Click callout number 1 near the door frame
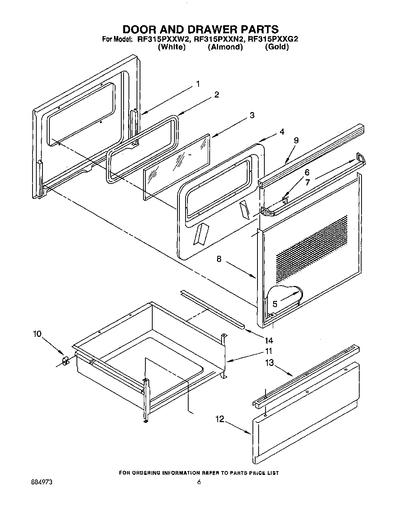pyautogui.click(x=198, y=84)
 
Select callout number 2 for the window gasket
pyautogui.click(x=217, y=95)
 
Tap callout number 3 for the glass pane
pyautogui.click(x=252, y=115)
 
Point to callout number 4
pyautogui.click(x=282, y=132)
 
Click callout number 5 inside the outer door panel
pyautogui.click(x=275, y=304)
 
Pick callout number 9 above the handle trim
pyautogui.click(x=296, y=140)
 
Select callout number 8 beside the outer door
pyautogui.click(x=219, y=259)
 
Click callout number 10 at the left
pyautogui.click(x=37, y=334)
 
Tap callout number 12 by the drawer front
pyautogui.click(x=219, y=419)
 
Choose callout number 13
pyautogui.click(x=270, y=362)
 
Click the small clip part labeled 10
pyautogui.click(x=65, y=360)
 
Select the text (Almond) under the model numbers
pyautogui.click(x=225, y=47)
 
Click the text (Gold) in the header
pyautogui.click(x=277, y=47)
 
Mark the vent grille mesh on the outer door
pyautogui.click(x=312, y=245)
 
